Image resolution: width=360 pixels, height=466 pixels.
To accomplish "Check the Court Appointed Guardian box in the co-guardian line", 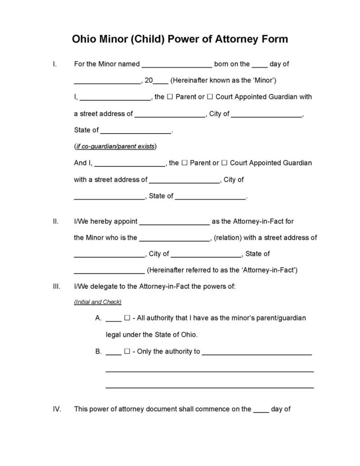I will (x=225, y=163).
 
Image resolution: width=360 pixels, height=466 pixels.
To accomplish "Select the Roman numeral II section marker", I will (x=55, y=221).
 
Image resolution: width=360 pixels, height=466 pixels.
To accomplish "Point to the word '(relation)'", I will (x=228, y=237).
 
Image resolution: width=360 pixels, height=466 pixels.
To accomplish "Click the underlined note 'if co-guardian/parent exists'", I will (x=115, y=147).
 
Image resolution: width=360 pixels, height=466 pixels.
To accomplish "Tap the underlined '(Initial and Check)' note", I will (x=98, y=302).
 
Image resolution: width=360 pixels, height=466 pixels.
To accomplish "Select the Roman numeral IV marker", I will (x=56, y=409).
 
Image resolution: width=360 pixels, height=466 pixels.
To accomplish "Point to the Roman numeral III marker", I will (x=56, y=286).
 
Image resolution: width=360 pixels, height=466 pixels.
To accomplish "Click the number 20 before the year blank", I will (x=149, y=81).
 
